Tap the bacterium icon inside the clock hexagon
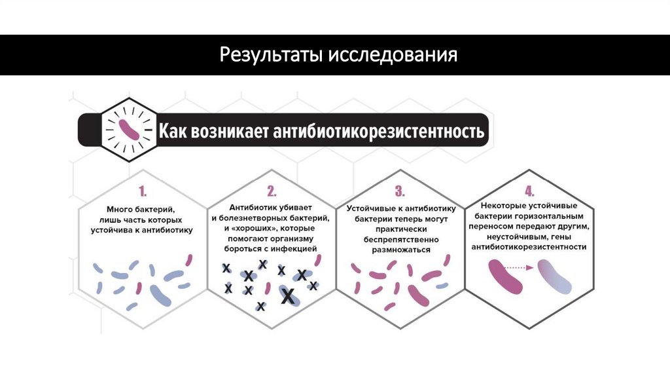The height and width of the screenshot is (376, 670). click(128, 130)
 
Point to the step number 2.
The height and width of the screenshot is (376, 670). click(271, 191)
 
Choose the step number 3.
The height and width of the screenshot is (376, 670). click(400, 191)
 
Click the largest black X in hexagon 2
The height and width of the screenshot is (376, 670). click(287, 297)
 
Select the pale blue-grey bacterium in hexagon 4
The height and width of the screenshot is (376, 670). click(554, 277)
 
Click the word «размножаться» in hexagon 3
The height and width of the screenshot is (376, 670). click(401, 250)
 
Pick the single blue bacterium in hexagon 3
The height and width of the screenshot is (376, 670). click(442, 286)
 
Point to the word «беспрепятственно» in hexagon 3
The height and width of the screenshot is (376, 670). click(401, 239)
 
